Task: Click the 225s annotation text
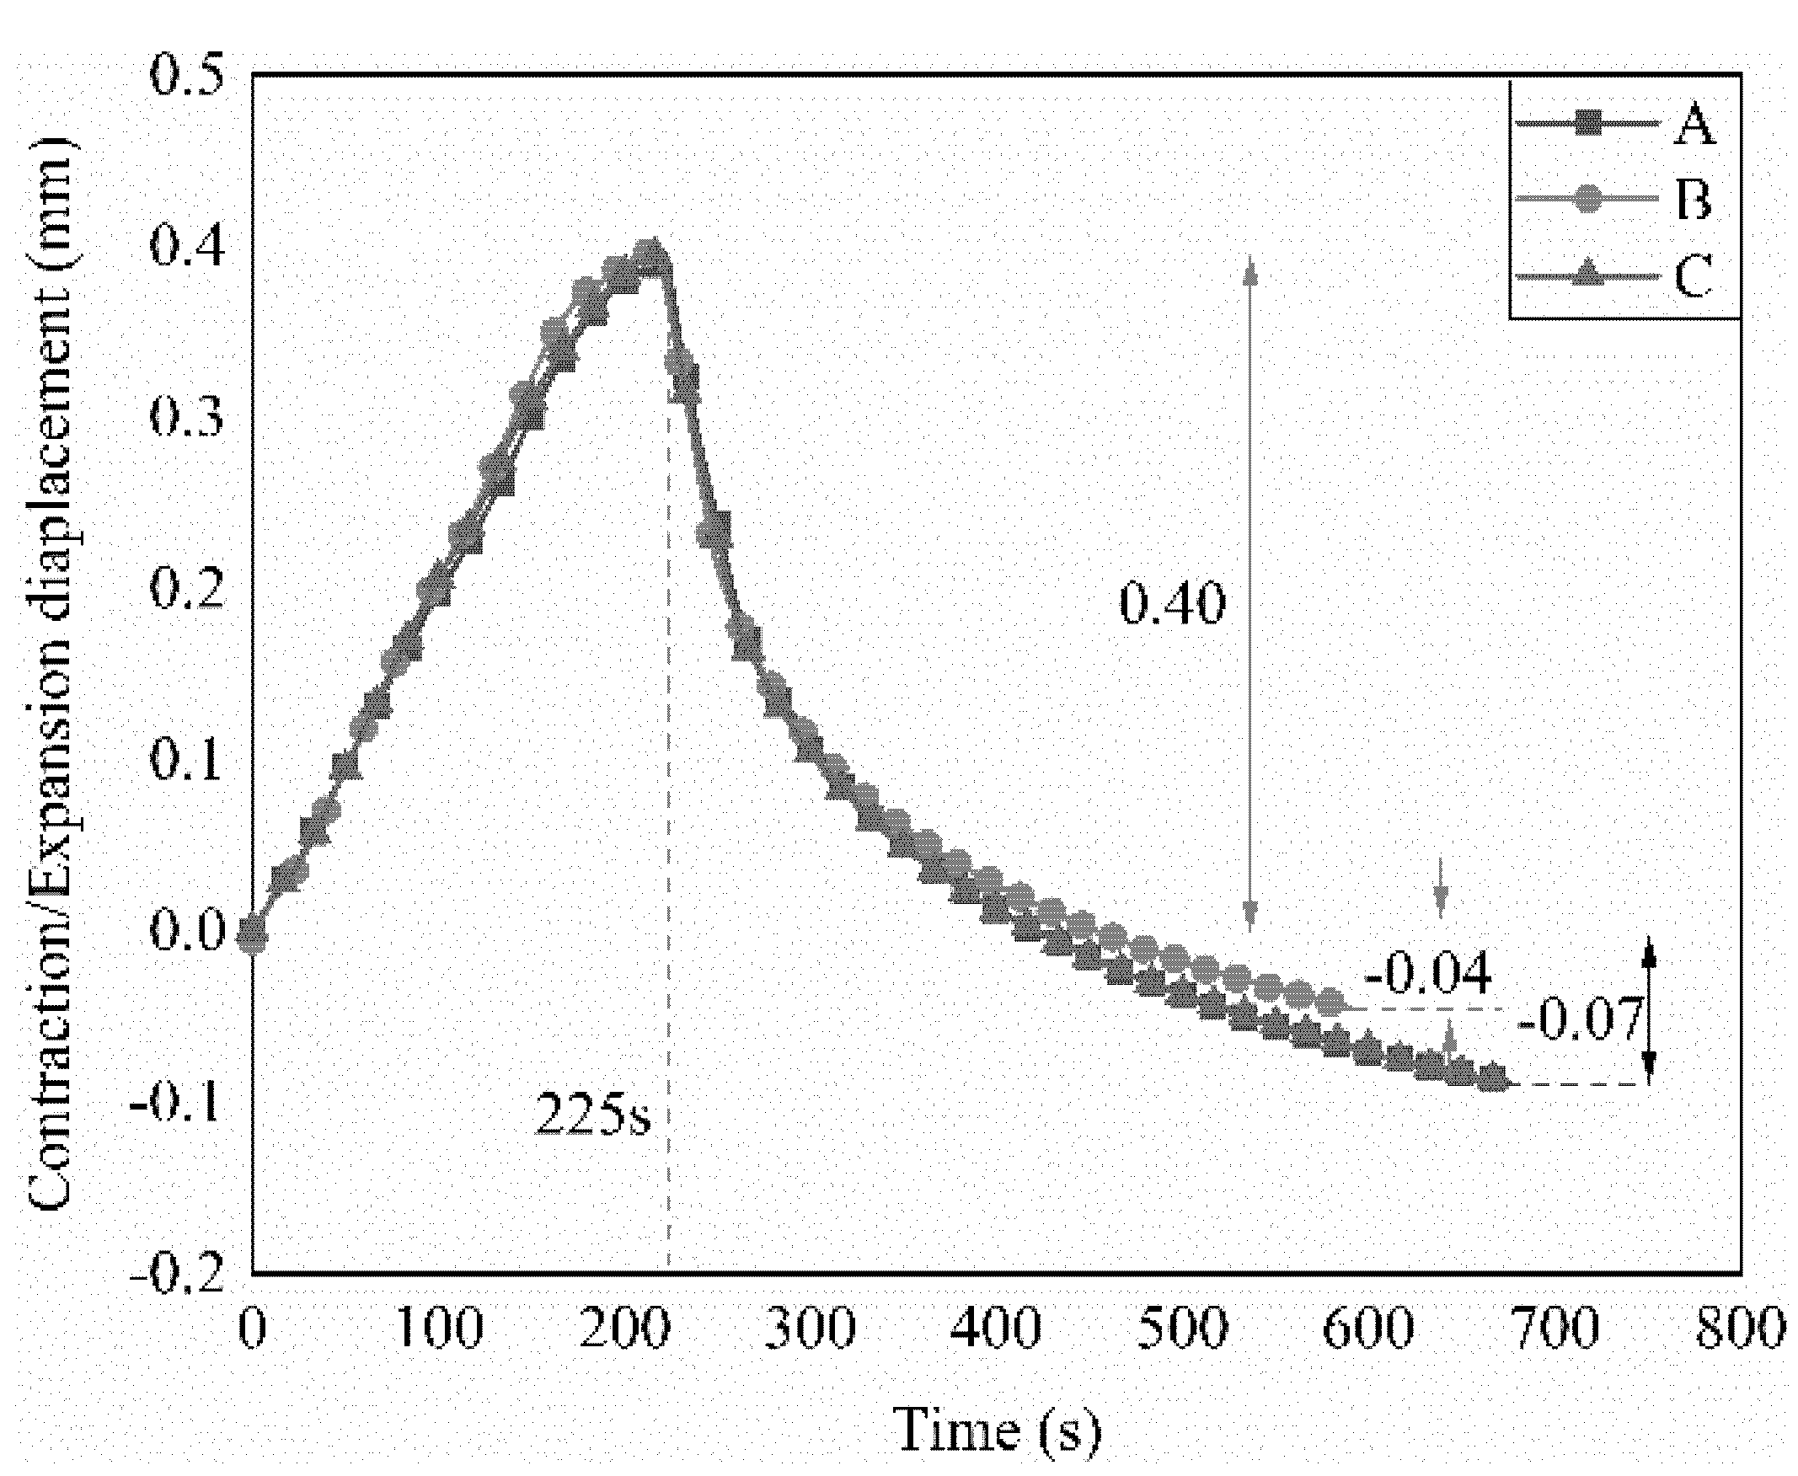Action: click(592, 1115)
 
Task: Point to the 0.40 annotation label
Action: click(1171, 604)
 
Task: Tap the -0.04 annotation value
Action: click(1427, 975)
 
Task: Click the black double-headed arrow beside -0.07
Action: click(1647, 1012)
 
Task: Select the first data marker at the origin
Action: click(253, 934)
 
